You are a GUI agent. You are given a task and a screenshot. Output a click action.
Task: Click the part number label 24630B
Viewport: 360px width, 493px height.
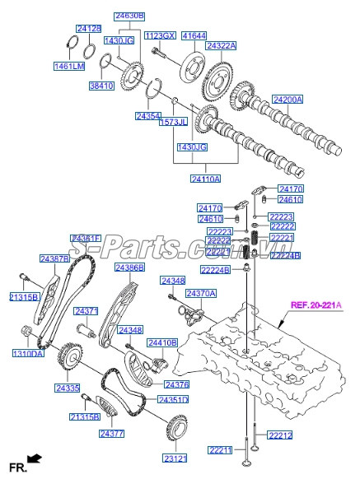(129, 16)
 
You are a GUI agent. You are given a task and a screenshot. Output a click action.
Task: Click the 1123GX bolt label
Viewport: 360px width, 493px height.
(160, 35)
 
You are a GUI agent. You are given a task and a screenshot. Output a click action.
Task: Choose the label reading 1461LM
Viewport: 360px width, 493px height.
(70, 65)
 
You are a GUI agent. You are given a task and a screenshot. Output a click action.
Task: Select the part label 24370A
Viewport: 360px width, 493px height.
(200, 294)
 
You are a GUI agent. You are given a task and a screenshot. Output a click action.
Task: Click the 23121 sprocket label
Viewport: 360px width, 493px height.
(175, 458)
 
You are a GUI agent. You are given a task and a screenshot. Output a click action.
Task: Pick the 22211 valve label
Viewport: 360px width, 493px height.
(221, 449)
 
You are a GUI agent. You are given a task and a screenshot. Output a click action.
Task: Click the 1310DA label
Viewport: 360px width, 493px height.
(26, 354)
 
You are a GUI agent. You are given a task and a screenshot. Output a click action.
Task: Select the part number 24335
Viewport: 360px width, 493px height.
(68, 388)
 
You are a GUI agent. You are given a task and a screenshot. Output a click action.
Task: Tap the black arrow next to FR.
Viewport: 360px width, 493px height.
(34, 458)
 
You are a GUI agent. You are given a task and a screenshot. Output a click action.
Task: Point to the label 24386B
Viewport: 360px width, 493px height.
(129, 268)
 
